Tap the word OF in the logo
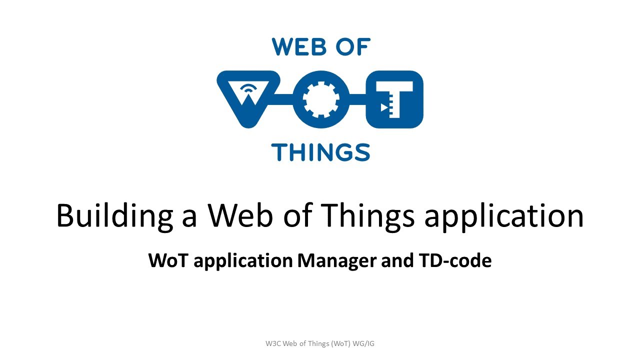pyautogui.click(x=353, y=47)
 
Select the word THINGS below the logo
pyautogui.click(x=320, y=152)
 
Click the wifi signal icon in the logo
pyautogui.click(x=248, y=89)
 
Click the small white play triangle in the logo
pyautogui.click(x=384, y=107)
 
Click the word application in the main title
pyautogui.click(x=503, y=216)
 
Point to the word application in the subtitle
pyautogui.click(x=243, y=261)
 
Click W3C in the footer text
pyautogui.click(x=273, y=343)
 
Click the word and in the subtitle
pyautogui.click(x=396, y=261)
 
